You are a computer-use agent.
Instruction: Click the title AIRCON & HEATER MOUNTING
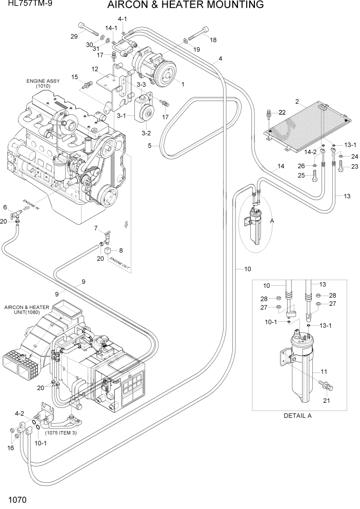(x=186, y=5)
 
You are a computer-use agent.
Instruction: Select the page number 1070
(x=17, y=499)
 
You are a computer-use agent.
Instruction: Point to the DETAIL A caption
(x=297, y=416)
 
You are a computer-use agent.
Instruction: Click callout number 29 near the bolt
(x=74, y=35)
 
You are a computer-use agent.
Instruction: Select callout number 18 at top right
(x=213, y=40)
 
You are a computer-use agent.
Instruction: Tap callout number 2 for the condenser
(x=297, y=101)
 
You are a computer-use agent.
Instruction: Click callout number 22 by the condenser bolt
(x=282, y=112)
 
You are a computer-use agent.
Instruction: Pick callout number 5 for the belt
(x=150, y=146)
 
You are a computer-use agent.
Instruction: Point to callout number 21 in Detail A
(x=325, y=400)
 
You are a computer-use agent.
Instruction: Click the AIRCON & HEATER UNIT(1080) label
(x=27, y=310)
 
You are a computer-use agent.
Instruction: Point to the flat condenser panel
(x=308, y=125)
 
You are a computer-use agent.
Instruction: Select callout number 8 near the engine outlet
(x=121, y=250)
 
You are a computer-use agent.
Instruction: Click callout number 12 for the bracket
(x=95, y=69)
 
